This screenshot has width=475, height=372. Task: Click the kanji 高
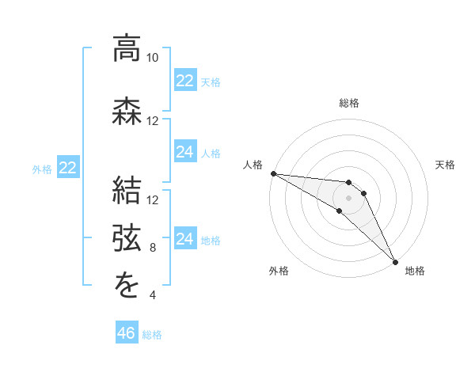[127, 48]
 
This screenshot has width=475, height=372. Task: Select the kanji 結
[127, 190]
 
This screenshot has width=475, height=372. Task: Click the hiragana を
[127, 284]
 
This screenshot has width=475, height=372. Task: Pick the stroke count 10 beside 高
[152, 58]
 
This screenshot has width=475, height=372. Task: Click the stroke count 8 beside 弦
[153, 248]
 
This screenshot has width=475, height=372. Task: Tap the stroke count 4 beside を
[153, 294]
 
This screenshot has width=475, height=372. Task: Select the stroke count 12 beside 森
[152, 121]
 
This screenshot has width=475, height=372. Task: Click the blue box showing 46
[127, 332]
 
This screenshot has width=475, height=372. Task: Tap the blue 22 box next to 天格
[185, 80]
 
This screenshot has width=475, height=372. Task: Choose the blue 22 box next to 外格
[68, 167]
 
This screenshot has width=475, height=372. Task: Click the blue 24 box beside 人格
[185, 151]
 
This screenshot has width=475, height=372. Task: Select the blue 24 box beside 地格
[185, 237]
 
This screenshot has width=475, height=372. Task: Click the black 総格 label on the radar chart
[349, 103]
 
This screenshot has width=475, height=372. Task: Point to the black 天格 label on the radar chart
[445, 165]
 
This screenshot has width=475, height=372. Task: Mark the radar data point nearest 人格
[274, 173]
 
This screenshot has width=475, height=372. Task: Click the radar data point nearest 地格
[395, 262]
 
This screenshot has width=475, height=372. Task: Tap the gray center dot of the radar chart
[348, 198]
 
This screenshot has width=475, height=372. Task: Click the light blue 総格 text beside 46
[152, 335]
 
